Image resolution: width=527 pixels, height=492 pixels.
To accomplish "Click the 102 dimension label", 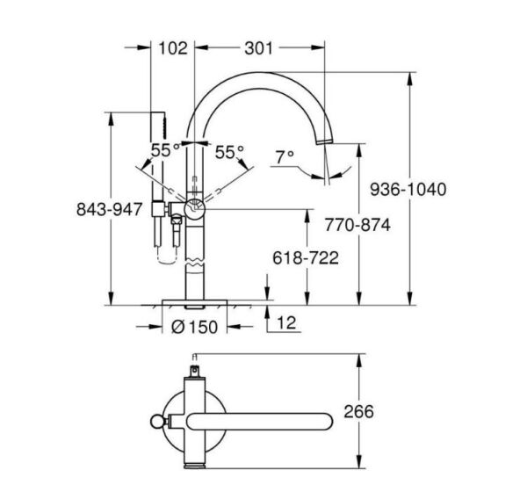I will click(x=173, y=49).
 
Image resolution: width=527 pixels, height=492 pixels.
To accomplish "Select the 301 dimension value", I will click(x=260, y=49).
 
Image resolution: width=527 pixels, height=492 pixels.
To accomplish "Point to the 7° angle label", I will click(x=284, y=157).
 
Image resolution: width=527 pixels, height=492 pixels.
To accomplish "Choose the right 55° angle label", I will click(x=229, y=151).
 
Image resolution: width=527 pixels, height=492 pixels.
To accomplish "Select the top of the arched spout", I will click(x=263, y=74).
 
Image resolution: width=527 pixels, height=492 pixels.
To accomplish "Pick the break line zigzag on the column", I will click(x=195, y=260).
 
